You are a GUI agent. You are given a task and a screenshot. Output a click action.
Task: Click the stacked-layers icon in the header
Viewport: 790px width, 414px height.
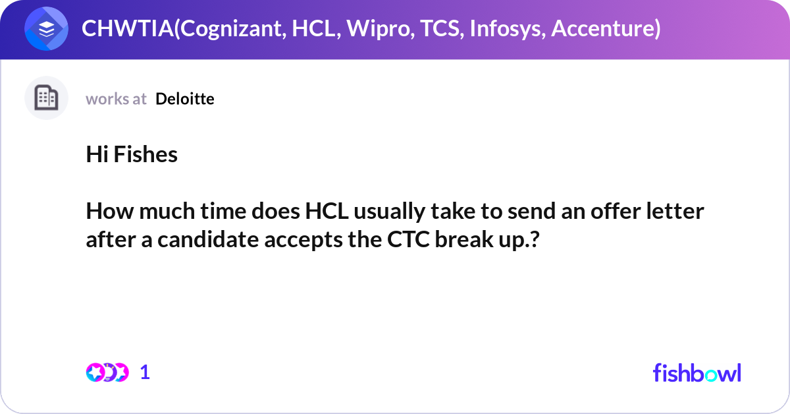tap(47, 30)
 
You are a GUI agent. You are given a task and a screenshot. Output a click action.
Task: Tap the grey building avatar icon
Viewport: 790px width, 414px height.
tap(47, 98)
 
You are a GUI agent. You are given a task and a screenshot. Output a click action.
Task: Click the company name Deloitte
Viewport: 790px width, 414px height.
tap(185, 99)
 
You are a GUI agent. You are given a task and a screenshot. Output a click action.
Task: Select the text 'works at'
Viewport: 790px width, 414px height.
tap(116, 99)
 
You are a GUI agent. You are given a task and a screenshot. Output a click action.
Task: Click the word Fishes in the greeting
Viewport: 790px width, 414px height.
tap(146, 155)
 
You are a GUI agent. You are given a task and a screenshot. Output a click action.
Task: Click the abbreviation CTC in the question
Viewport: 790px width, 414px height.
tap(404, 240)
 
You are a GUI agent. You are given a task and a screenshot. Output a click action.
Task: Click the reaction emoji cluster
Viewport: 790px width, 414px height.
tap(107, 372)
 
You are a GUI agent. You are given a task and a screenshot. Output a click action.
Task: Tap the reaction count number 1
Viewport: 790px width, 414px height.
tap(145, 372)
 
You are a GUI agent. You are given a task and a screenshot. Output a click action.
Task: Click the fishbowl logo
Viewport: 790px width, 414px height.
tap(697, 372)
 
